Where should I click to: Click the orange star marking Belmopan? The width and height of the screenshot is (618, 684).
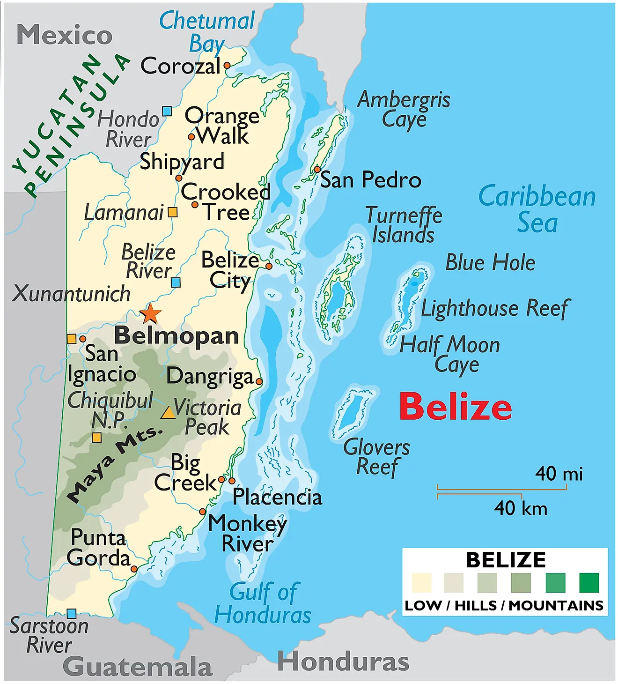coord(150,313)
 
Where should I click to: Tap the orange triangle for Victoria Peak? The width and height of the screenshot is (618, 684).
coord(168,412)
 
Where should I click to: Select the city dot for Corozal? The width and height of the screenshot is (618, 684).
coord(227,66)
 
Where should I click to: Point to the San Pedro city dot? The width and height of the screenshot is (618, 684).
coord(317,169)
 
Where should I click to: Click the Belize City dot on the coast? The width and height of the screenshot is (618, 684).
coord(269,266)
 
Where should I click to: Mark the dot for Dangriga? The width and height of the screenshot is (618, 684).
coord(259,381)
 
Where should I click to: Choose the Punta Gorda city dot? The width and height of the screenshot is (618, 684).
coord(134,569)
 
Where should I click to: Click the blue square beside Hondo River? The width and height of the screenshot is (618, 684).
coord(167,111)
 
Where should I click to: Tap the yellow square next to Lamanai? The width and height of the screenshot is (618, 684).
coord(173,212)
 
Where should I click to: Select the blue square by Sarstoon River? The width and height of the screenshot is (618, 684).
coord(71,613)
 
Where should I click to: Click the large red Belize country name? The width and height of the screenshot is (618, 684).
coord(456,406)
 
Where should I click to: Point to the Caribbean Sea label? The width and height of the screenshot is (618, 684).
coord(537,209)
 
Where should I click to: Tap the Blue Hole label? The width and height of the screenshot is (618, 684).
coord(490,262)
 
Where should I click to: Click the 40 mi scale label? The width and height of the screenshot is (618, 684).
coord(559,474)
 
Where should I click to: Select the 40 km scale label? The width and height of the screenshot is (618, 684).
coord(521,508)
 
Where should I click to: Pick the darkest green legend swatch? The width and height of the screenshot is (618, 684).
coord(589,583)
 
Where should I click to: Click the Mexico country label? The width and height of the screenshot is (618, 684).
coord(65,35)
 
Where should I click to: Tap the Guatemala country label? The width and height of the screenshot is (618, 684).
coord(138,667)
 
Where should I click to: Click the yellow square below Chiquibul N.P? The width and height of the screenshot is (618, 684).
coord(96,438)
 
